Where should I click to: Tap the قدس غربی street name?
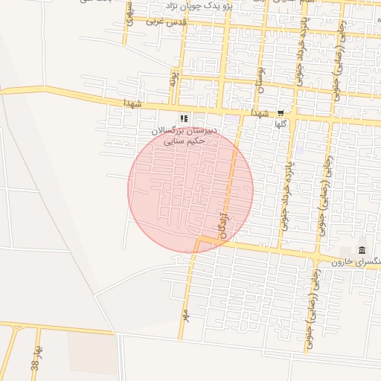point(165,22)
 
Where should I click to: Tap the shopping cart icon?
point(281,114)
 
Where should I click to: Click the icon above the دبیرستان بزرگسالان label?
point(184,118)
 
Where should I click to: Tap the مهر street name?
point(185,316)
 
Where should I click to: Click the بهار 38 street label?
point(35,359)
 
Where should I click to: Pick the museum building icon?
point(362,249)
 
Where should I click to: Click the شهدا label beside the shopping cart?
point(260,113)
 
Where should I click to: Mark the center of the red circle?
point(190,190)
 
